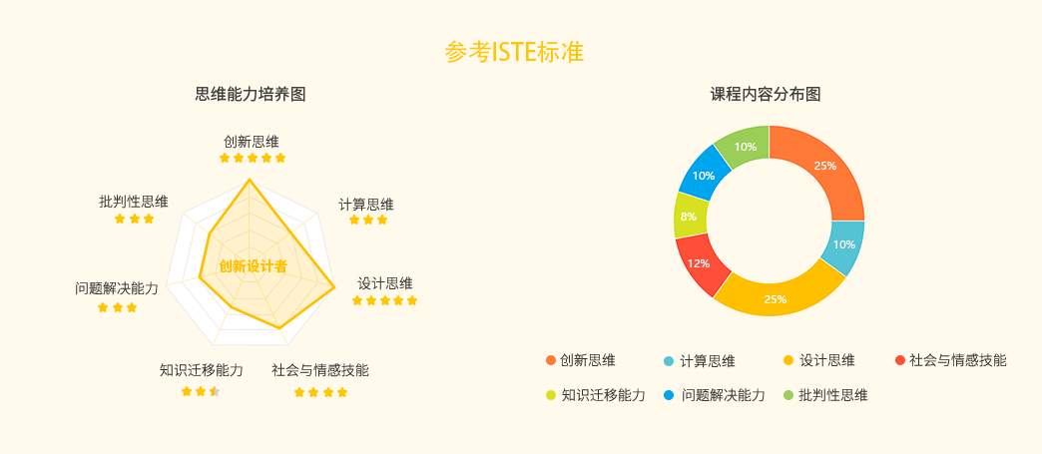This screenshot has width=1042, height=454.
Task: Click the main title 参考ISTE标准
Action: tap(514, 53)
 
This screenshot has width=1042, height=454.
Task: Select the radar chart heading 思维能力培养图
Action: tap(251, 94)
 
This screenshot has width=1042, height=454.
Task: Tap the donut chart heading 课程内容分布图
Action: tap(766, 94)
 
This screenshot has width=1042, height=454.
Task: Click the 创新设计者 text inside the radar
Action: tap(253, 266)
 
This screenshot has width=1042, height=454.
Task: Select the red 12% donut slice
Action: tap(697, 263)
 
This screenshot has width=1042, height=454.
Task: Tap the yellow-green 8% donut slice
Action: tap(689, 216)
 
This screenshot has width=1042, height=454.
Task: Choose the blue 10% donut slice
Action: tap(704, 175)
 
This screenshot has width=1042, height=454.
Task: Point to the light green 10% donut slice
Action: tap(745, 146)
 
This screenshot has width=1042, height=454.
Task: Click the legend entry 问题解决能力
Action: tap(715, 395)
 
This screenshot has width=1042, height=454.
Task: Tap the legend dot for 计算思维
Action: tap(669, 361)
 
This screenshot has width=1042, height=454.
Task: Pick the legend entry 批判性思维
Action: tap(825, 395)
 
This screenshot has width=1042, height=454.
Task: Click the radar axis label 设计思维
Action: tap(385, 283)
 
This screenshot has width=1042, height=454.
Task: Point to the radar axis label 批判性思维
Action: tap(134, 202)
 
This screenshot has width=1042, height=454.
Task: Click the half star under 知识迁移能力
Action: tap(215, 391)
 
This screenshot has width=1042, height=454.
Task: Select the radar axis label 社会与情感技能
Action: tap(320, 370)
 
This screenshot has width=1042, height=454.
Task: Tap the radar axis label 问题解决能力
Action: tap(117, 289)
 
